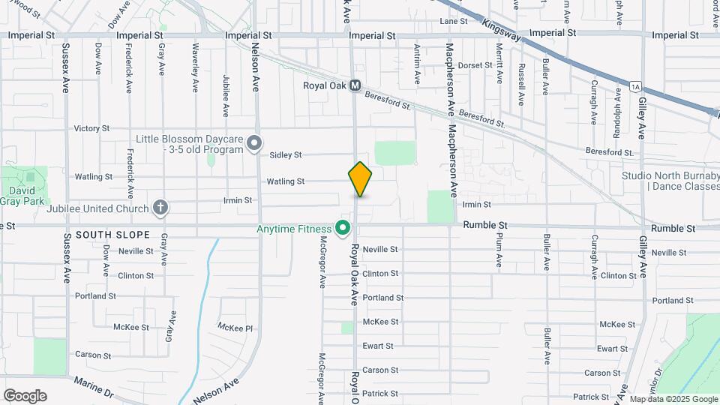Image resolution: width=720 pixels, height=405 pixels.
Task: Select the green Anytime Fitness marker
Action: tap(343, 227)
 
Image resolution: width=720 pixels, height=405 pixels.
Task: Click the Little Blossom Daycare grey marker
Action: tap(255, 142)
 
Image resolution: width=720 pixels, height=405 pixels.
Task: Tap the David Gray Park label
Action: tap(22, 196)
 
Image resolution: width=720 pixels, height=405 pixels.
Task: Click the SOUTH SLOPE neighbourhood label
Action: tap(102, 235)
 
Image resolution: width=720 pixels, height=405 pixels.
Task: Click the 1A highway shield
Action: tap(635, 87)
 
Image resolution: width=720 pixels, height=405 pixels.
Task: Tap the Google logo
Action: tap(25, 396)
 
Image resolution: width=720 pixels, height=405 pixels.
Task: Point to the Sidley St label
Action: tap(285, 154)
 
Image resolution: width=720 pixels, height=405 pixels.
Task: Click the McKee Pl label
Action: tap(235, 327)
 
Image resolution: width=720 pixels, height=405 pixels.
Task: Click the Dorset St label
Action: tap(475, 65)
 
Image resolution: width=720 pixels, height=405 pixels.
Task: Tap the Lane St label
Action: tap(453, 21)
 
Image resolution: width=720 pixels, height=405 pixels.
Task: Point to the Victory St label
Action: tap(91, 128)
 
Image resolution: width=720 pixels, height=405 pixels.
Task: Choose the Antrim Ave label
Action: tap(417, 64)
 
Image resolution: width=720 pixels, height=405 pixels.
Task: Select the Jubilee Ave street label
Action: tap(226, 96)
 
